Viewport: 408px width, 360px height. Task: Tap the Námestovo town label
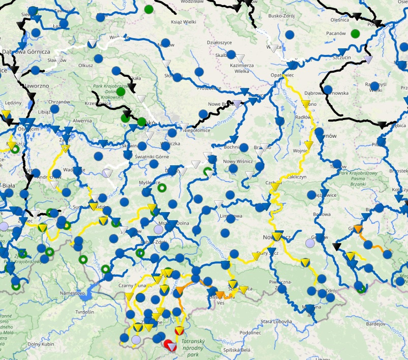click(x=72, y=293)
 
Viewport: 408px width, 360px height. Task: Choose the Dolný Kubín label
click(x=41, y=345)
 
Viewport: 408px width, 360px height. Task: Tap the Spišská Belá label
click(x=237, y=350)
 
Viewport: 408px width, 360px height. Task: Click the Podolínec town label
click(x=250, y=333)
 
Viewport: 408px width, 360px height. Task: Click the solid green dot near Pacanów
click(x=355, y=34)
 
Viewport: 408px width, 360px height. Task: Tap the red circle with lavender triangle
click(x=172, y=346)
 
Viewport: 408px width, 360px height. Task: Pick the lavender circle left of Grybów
click(x=310, y=243)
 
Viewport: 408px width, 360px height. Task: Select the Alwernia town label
click(x=82, y=121)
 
